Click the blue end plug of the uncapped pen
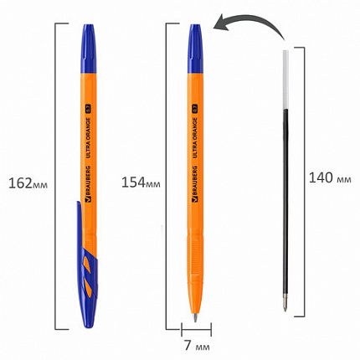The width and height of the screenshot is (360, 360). click(x=198, y=39)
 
